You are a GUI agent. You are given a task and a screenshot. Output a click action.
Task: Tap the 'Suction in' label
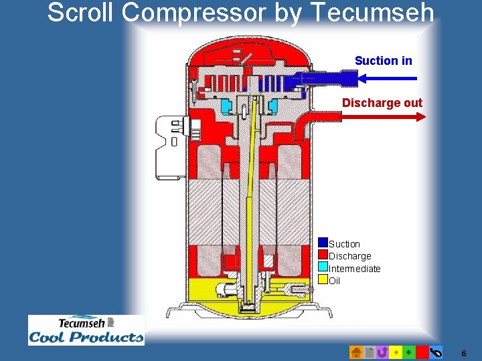click(383, 61)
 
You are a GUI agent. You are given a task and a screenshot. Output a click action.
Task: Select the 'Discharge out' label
click(382, 103)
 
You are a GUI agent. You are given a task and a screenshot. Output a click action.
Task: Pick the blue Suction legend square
click(323, 243)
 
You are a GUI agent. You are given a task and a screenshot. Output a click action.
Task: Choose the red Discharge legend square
click(323, 255)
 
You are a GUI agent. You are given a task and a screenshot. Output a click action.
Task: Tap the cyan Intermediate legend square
click(323, 267)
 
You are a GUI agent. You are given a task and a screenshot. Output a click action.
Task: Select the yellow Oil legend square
click(323, 279)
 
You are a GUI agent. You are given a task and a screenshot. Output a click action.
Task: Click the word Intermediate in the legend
click(355, 269)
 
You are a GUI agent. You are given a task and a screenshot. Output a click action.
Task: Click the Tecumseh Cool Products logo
click(86, 330)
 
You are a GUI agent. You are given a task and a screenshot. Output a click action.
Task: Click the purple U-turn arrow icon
click(382, 352)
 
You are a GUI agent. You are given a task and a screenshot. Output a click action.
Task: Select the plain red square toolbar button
click(422, 352)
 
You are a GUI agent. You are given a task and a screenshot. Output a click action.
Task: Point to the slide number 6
click(464, 352)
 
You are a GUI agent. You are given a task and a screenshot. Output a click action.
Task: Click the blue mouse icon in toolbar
click(435, 352)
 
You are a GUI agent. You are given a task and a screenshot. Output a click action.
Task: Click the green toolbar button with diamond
click(408, 352)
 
